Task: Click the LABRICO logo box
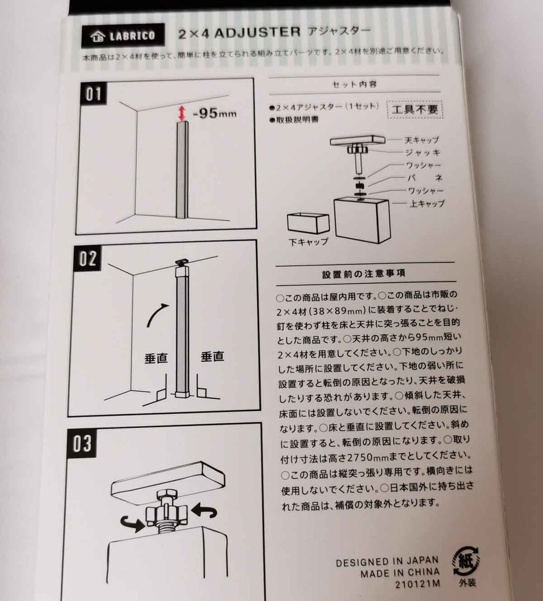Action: coord(123,36)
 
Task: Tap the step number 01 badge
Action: coord(94,94)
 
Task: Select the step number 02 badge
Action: coord(88,258)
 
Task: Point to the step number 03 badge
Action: coord(82,444)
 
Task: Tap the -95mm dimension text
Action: coord(214,114)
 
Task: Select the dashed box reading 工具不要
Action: coord(415,110)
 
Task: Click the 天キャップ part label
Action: coord(422,140)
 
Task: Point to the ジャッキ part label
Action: coord(423,153)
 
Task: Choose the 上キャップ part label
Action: coord(427,204)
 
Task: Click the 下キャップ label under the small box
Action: coord(309,242)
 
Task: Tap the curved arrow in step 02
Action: coord(157,315)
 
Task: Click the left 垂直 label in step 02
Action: coord(156,358)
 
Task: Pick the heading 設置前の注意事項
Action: coord(364,273)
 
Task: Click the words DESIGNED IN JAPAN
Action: coord(387,562)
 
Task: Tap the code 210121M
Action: coord(417,584)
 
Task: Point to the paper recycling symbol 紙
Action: coord(466,561)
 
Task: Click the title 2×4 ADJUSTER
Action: coord(239,33)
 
